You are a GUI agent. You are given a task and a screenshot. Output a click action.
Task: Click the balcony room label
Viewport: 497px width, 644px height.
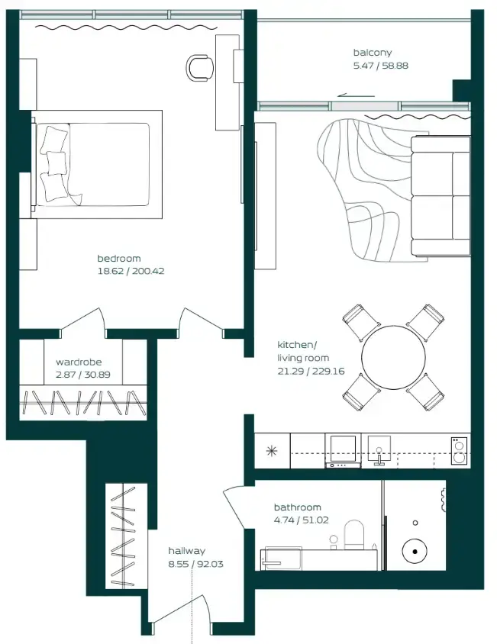(x=372, y=53)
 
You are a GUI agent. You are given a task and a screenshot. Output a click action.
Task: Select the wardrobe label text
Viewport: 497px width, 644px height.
(x=78, y=362)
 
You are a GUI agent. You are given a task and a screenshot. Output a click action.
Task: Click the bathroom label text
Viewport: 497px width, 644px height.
(x=297, y=507)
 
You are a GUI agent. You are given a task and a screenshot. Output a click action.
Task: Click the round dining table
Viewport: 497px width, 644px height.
(x=393, y=359)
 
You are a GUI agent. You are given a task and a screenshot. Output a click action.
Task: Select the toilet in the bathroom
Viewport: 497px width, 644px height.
(x=355, y=535)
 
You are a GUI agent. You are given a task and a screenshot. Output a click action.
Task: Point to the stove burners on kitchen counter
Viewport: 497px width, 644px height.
(x=460, y=450)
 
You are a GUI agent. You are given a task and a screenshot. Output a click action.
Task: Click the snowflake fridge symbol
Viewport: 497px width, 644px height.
(x=271, y=450)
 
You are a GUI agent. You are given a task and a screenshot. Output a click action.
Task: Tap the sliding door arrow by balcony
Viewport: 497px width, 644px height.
(x=355, y=95)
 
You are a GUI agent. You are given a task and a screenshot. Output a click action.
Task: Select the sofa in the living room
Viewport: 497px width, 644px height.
(x=441, y=196)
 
